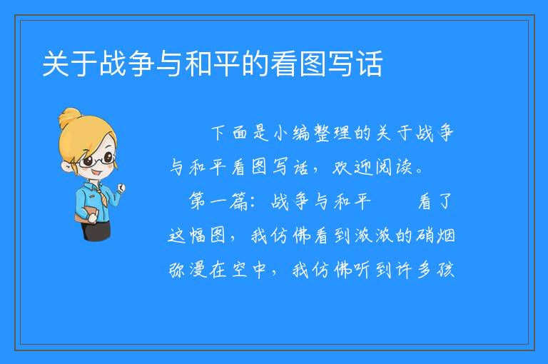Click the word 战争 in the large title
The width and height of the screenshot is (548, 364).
pyautogui.click(x=126, y=64)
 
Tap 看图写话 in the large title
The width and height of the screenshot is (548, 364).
pyautogui.click(x=327, y=64)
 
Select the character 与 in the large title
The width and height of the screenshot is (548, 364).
pyautogui.click(x=170, y=64)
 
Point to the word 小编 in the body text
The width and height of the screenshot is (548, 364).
pyautogui.click(x=292, y=133)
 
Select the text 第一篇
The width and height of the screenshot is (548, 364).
pyautogui.click(x=218, y=201)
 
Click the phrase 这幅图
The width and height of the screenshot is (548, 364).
pyautogui.click(x=197, y=236)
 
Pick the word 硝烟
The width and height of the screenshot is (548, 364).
pyautogui.click(x=435, y=236)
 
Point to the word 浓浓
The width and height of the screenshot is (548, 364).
pyautogui.click(x=374, y=236)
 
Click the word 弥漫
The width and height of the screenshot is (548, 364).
pyautogui.click(x=188, y=270)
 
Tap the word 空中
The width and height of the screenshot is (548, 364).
pyautogui.click(x=249, y=270)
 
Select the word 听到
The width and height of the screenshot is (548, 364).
pyautogui.click(x=373, y=270)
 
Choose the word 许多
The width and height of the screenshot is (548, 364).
pyautogui.click(x=415, y=270)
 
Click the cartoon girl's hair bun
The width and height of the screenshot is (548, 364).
pyautogui.click(x=70, y=118)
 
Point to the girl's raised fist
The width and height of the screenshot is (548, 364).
pyautogui.click(x=121, y=188)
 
